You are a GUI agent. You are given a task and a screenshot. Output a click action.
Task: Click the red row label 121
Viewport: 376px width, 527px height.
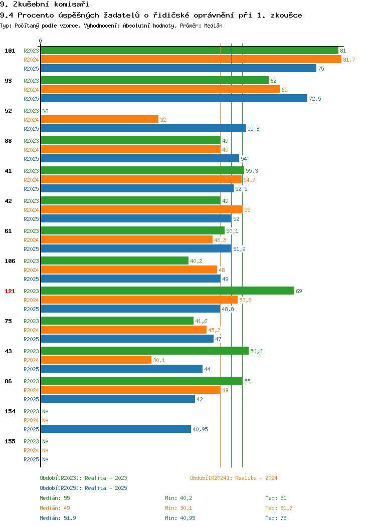10,291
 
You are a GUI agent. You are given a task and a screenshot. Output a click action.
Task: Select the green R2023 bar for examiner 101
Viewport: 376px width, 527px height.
190,51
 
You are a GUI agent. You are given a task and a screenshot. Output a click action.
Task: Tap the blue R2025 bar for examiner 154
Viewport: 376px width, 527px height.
116,429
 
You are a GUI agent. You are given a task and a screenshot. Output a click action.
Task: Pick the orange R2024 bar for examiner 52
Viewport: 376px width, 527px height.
100,120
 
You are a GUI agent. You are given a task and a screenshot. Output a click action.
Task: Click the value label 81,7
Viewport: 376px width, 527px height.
349,60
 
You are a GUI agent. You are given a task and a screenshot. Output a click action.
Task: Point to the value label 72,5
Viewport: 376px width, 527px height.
315,99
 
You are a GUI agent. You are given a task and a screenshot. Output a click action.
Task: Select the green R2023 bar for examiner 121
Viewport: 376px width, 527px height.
167,291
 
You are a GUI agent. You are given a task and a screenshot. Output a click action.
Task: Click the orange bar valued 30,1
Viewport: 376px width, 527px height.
96,360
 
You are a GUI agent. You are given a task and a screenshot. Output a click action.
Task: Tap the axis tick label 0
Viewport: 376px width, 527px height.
41,41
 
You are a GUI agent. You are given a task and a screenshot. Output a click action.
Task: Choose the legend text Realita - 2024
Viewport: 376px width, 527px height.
256,478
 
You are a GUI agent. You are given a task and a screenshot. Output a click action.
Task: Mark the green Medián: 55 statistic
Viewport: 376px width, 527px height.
55,498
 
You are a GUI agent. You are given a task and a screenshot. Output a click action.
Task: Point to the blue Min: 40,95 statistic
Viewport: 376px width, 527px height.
180,518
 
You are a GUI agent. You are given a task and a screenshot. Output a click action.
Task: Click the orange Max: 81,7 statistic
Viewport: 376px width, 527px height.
279,508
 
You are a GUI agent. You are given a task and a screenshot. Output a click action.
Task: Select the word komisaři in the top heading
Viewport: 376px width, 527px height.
72,5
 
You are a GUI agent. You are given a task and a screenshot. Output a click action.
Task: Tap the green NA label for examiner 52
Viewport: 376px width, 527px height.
46,111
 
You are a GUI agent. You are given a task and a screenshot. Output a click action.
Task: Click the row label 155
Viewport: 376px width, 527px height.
10,441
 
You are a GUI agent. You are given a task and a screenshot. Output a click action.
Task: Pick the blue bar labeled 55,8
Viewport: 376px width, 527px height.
143,128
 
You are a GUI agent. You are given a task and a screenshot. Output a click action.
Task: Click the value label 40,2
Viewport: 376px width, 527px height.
196,261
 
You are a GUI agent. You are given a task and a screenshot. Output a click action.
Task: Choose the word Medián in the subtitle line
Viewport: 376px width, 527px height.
213,26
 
